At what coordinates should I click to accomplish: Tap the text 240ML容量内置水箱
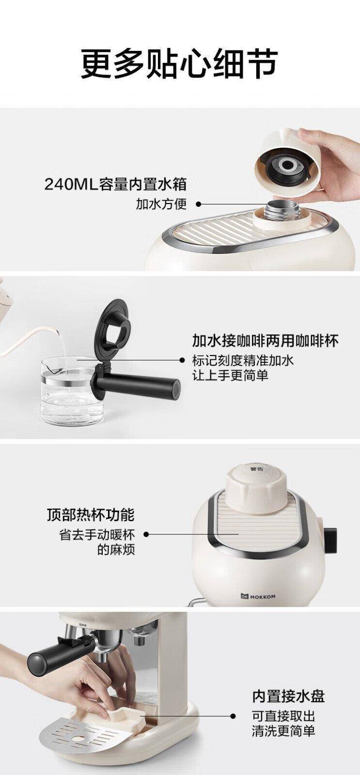116,184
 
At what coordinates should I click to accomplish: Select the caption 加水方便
161,204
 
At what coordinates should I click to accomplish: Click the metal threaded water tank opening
282,209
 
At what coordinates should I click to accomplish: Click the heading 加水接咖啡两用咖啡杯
266,341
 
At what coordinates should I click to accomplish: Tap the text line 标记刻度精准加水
243,360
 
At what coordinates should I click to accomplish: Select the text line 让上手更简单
231,375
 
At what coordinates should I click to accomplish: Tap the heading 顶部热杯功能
91,514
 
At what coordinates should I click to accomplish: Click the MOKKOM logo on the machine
258,596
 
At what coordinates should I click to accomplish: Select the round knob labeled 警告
256,487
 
